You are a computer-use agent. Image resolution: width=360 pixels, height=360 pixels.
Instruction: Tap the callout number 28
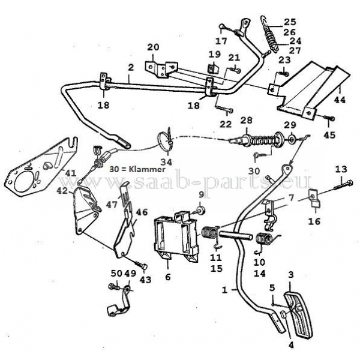(x=247, y=121)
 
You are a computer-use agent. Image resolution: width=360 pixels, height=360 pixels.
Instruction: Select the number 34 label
(x=166, y=162)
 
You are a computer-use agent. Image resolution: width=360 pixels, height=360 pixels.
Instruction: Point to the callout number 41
(x=71, y=173)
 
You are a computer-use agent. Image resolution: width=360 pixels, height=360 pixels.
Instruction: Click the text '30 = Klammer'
(x=137, y=169)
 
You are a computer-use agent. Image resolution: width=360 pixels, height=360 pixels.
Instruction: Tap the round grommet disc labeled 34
(x=163, y=140)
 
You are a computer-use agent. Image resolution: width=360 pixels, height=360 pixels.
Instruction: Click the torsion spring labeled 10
(x=263, y=239)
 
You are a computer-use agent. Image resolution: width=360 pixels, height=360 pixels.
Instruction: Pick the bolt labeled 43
(x=140, y=264)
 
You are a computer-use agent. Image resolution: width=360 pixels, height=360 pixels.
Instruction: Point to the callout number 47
(x=112, y=205)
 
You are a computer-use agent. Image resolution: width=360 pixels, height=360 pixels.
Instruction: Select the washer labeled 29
(x=291, y=139)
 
